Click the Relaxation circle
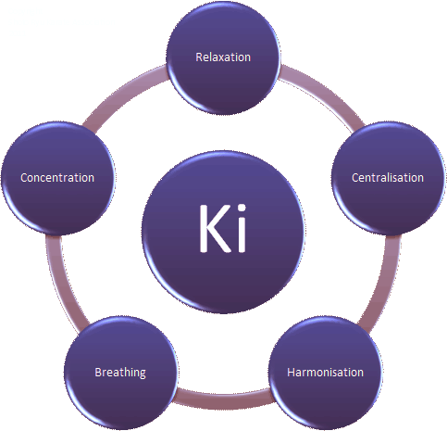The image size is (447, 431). click(x=223, y=57)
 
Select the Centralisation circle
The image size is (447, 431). click(x=389, y=178)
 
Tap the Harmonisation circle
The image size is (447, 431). click(x=326, y=373)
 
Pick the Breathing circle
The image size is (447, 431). click(x=120, y=373)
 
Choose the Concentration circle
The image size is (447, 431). click(x=57, y=178)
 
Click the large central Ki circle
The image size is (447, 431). click(x=223, y=232)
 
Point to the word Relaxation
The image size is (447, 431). click(x=223, y=57)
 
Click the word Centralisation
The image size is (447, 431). click(x=388, y=178)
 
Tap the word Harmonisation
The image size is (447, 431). click(x=325, y=373)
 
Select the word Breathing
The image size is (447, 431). click(x=120, y=373)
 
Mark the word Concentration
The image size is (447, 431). click(x=57, y=178)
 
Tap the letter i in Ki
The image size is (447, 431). click(x=242, y=229)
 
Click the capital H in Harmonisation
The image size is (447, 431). click(x=291, y=373)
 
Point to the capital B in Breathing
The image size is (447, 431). click(x=98, y=373)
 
